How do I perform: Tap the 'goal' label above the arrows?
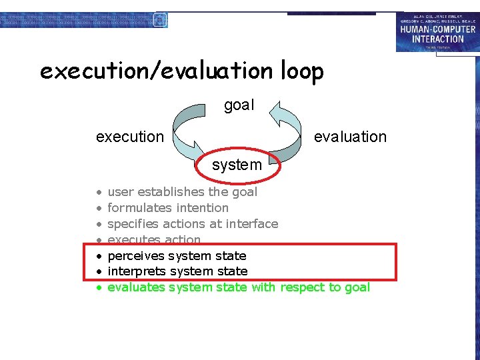239,105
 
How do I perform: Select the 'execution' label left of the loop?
129,137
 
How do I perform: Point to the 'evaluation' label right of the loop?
350,137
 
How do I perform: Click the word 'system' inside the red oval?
237,165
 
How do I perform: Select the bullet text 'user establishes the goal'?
182,192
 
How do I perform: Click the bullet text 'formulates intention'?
168,208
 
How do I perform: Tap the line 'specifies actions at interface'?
193,224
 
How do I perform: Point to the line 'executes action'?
154,239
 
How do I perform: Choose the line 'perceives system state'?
177,256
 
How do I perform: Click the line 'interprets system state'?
177,271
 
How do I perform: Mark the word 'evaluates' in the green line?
136,287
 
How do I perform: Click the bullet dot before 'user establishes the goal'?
98,193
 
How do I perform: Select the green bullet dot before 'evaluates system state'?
98,288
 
